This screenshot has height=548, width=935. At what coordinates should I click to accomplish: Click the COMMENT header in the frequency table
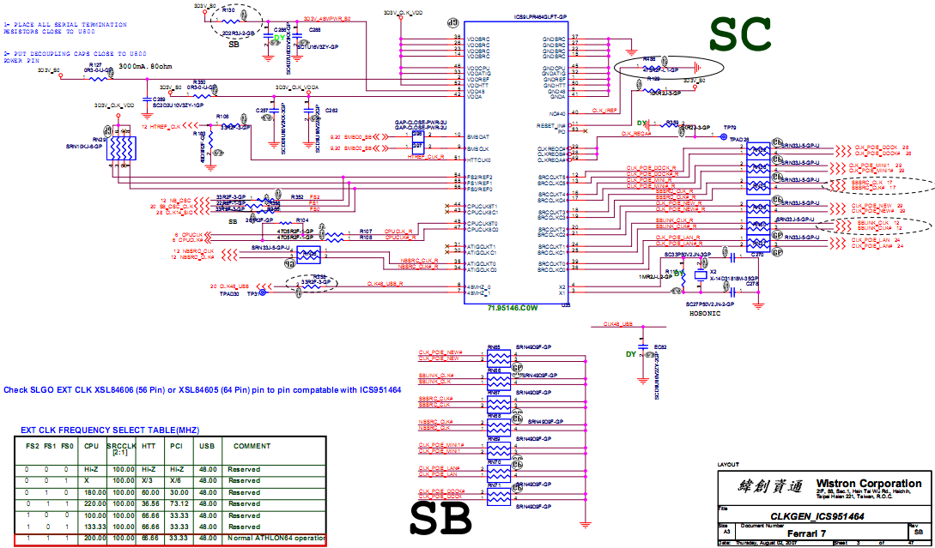pyautogui.click(x=252, y=446)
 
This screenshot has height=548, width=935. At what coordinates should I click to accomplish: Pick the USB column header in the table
pyautogui.click(x=206, y=446)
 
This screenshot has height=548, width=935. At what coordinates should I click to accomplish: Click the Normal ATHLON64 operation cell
pyautogui.click(x=275, y=538)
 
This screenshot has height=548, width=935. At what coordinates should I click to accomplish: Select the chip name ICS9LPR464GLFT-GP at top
pyautogui.click(x=540, y=16)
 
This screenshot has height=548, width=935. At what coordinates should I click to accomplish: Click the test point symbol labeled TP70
pyautogui.click(x=724, y=137)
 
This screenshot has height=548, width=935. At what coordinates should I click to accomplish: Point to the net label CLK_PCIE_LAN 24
pyautogui.click(x=877, y=239)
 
